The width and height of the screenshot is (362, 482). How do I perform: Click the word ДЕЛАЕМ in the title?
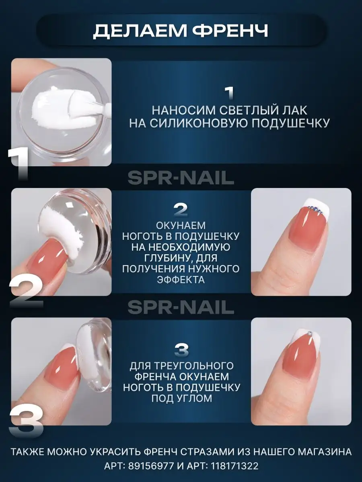click(x=140, y=31)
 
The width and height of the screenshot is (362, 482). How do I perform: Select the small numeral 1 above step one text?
click(x=229, y=93)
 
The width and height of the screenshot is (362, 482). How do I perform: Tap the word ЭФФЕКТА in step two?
click(x=181, y=280)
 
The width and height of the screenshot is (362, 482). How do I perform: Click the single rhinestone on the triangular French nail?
click(x=310, y=333)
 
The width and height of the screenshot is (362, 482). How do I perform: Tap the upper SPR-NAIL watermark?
click(x=181, y=178)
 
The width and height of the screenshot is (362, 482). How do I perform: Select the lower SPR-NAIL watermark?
click(x=181, y=307)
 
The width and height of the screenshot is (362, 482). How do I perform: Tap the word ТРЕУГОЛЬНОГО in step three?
click(x=193, y=366)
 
